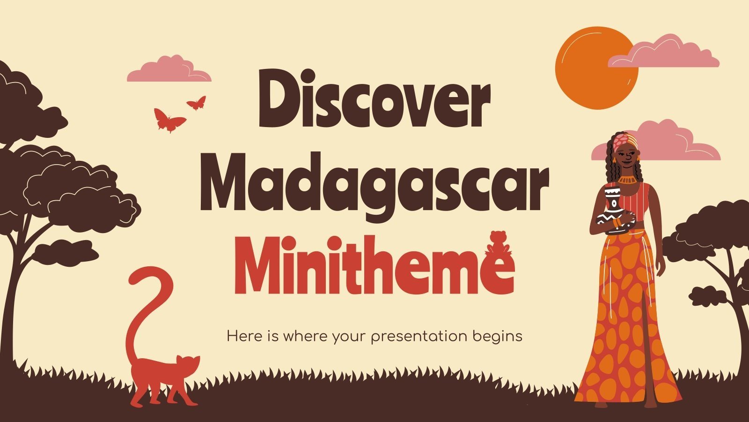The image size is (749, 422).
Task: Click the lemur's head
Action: pyautogui.click(x=188, y=366)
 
